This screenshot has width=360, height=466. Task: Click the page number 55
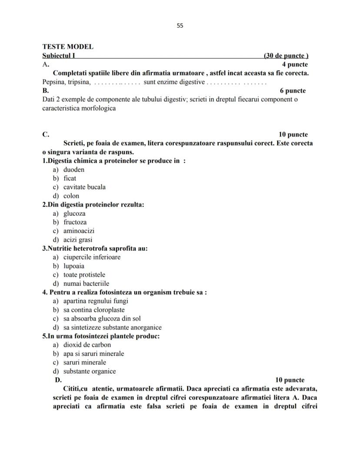tap(180, 26)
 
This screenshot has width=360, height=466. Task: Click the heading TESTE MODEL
tap(68, 47)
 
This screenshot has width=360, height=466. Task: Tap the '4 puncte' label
tap(295, 64)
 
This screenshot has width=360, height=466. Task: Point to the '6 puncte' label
tap(293, 91)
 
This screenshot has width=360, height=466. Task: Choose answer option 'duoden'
tap(74, 170)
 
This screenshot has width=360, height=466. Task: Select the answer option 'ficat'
tap(70, 178)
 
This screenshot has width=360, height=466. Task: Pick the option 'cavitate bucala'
tap(84, 187)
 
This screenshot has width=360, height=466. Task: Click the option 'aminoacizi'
tap(79, 231)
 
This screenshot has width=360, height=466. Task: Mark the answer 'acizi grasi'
tap(78, 240)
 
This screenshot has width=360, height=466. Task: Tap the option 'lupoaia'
tap(74, 266)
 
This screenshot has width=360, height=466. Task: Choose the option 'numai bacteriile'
tap(86, 284)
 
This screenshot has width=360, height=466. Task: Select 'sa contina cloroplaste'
tap(94, 310)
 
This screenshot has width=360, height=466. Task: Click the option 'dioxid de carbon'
tap(87, 345)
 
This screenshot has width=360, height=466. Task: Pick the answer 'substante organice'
tap(90, 372)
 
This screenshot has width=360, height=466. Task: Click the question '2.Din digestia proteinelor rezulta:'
tap(93, 205)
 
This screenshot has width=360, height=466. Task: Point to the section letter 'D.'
tap(58, 380)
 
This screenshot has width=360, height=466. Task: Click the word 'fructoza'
tap(75, 222)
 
